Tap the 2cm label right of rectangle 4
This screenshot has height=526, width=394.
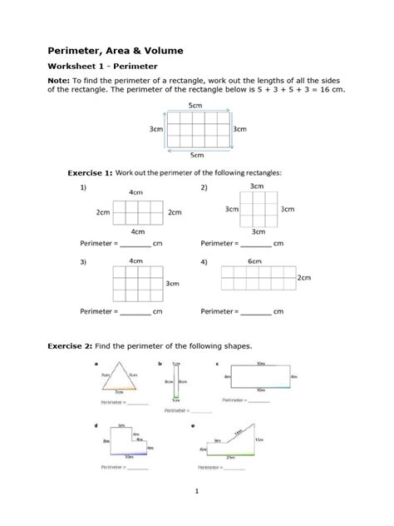304,278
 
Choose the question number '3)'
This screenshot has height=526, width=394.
84,262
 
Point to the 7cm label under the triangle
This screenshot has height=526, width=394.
119,391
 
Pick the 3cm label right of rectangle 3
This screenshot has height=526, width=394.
173,284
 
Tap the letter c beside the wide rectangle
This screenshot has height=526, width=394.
217,365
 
